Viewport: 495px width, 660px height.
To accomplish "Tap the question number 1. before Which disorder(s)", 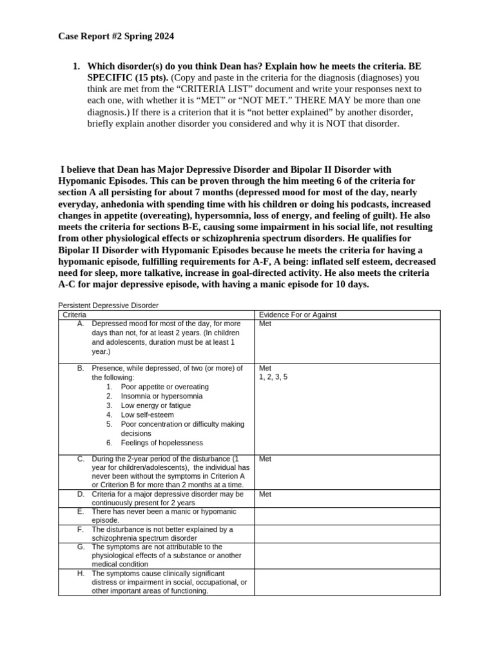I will [x=76, y=66].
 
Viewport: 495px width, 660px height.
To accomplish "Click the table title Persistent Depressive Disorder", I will [x=108, y=305].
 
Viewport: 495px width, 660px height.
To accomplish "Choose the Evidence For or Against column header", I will [x=297, y=315].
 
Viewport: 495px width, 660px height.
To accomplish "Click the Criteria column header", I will [x=74, y=315].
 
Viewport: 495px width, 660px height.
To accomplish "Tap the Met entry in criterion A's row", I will [x=265, y=324].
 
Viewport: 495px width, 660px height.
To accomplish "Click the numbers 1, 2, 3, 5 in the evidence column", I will [x=273, y=377].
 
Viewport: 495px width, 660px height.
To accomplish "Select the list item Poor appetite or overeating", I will [x=164, y=387].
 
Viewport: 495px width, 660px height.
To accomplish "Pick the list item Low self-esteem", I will [x=147, y=415].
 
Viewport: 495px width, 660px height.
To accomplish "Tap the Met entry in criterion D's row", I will [x=265, y=494].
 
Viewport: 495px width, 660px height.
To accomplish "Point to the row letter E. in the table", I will [x=81, y=511].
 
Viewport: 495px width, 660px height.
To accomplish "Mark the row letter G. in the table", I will [x=81, y=547].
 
